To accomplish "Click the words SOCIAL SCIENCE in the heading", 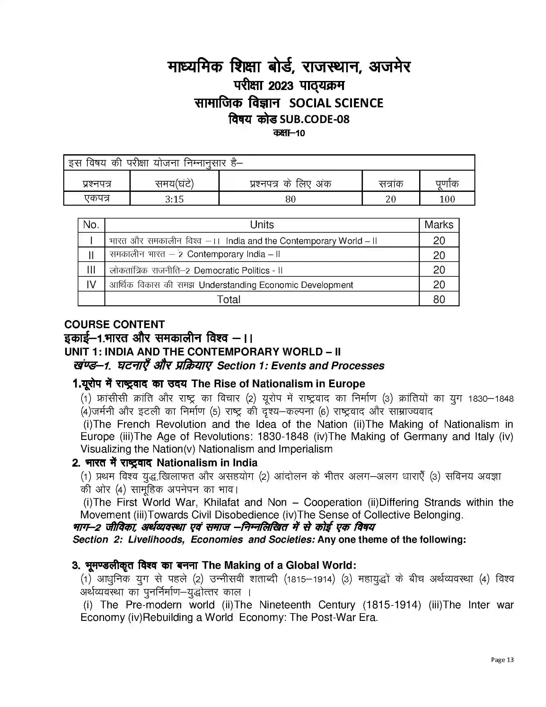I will click(336, 103).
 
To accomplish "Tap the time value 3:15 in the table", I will click(174, 199).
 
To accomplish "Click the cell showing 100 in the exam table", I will click(447, 199).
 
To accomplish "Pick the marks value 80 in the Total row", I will click(439, 299).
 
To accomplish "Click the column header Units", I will click(262, 225).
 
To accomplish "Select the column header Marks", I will click(439, 225).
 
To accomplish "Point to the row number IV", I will click(91, 284).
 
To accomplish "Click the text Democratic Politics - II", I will click(238, 270).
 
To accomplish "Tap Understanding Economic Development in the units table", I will click(276, 285).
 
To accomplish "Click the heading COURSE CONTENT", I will click(115, 324).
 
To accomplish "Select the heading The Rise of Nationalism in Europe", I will click(278, 384).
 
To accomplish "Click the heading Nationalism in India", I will click(207, 462).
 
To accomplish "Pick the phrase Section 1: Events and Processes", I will click(301, 365).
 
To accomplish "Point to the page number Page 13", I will click(502, 660).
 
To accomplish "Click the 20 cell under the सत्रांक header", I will click(391, 199).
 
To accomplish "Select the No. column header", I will click(91, 225).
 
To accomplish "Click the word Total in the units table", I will click(228, 299).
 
